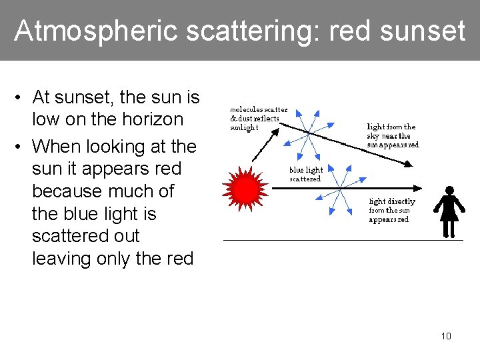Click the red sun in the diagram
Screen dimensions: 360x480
tap(246, 189)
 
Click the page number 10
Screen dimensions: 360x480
tap(446, 336)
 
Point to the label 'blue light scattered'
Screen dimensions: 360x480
tap(305, 174)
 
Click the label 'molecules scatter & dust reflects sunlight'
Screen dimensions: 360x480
tap(259, 118)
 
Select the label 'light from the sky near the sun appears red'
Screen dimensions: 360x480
tap(393, 135)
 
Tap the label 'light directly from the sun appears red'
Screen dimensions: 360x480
tap(391, 210)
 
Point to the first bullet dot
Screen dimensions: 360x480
tap(21, 98)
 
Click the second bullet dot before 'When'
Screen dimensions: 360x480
tap(21, 147)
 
